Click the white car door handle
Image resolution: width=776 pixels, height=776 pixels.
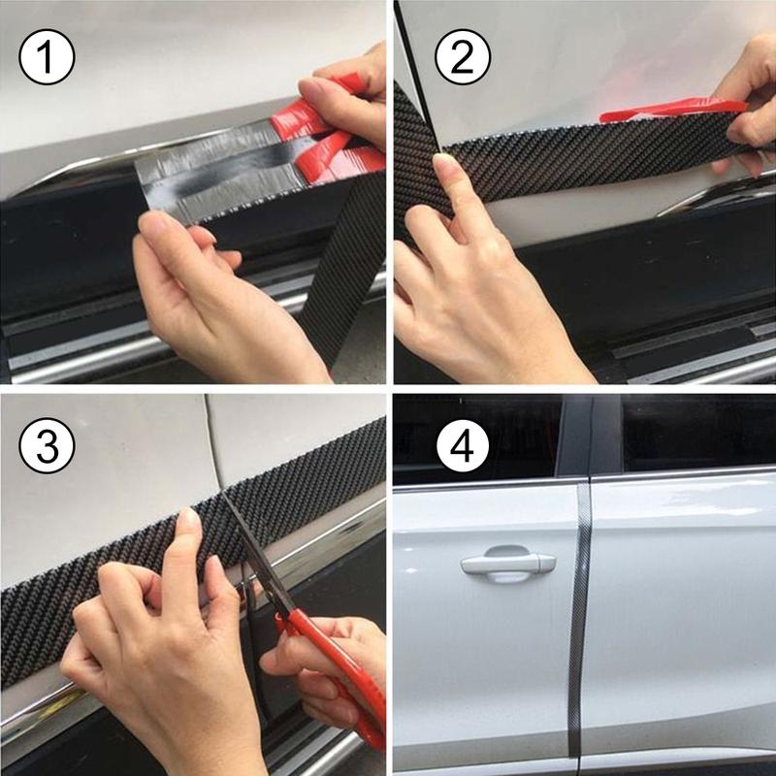(507, 563)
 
